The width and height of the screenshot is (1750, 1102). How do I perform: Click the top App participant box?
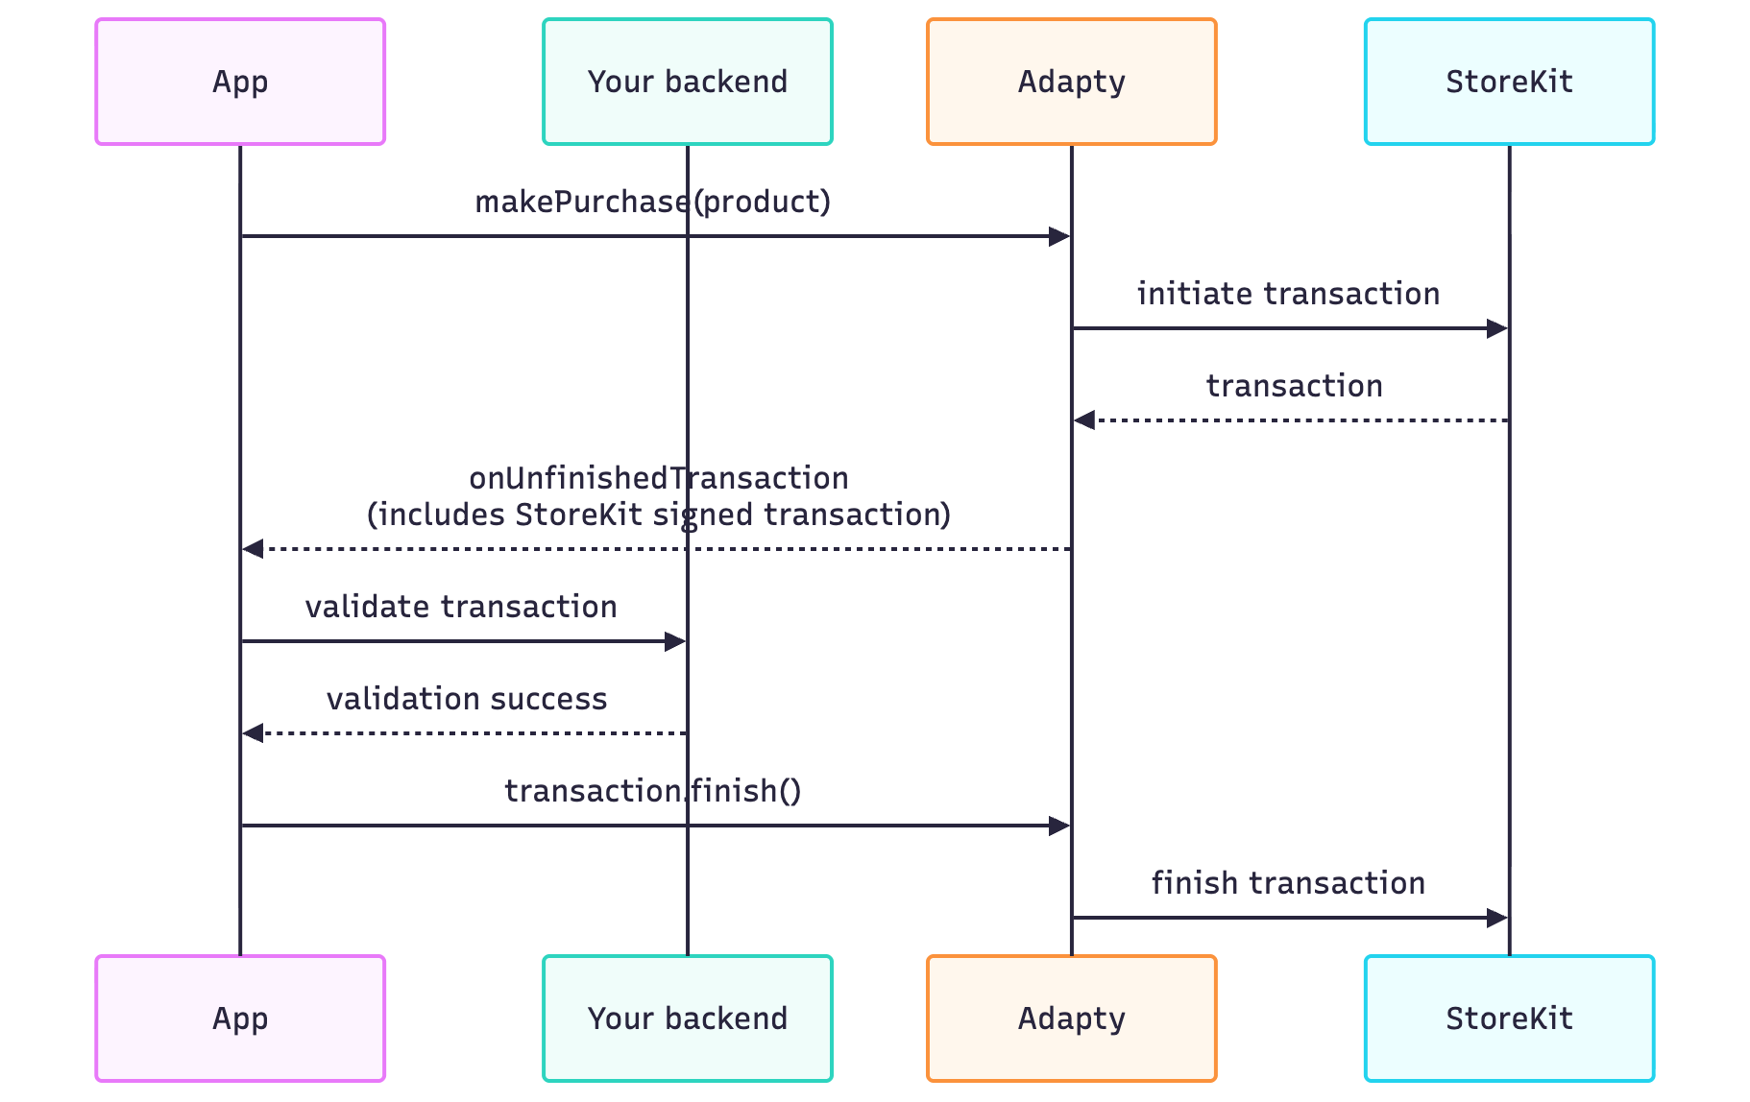[x=240, y=82]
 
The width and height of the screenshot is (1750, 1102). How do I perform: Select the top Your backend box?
[x=687, y=82]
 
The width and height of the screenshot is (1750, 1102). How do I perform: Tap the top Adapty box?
[x=1071, y=82]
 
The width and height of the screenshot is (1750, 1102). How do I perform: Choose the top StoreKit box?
[x=1509, y=82]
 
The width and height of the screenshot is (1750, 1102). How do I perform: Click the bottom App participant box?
[x=240, y=1018]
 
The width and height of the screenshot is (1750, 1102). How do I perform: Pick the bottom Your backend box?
[x=687, y=1018]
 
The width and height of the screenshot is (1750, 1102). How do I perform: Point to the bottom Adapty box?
[x=1071, y=1018]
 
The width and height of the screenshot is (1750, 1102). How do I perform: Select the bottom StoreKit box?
[x=1509, y=1018]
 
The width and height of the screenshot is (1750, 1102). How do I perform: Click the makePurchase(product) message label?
[x=652, y=203]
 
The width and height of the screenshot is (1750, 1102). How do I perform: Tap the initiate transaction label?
[x=1288, y=294]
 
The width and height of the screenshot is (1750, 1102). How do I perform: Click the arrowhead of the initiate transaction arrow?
[x=1496, y=329]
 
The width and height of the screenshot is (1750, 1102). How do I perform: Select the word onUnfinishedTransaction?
[x=658, y=478]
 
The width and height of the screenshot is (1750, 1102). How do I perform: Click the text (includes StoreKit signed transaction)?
[x=658, y=515]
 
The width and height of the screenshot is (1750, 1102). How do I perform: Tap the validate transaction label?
[x=461, y=608]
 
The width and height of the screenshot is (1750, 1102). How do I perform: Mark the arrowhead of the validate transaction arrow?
[x=675, y=641]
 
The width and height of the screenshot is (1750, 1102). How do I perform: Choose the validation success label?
[x=467, y=699]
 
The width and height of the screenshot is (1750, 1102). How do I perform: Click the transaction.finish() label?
[x=652, y=791]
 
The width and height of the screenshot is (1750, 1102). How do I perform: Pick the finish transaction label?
[x=1288, y=883]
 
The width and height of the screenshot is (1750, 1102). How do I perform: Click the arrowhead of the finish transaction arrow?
[x=1496, y=919]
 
